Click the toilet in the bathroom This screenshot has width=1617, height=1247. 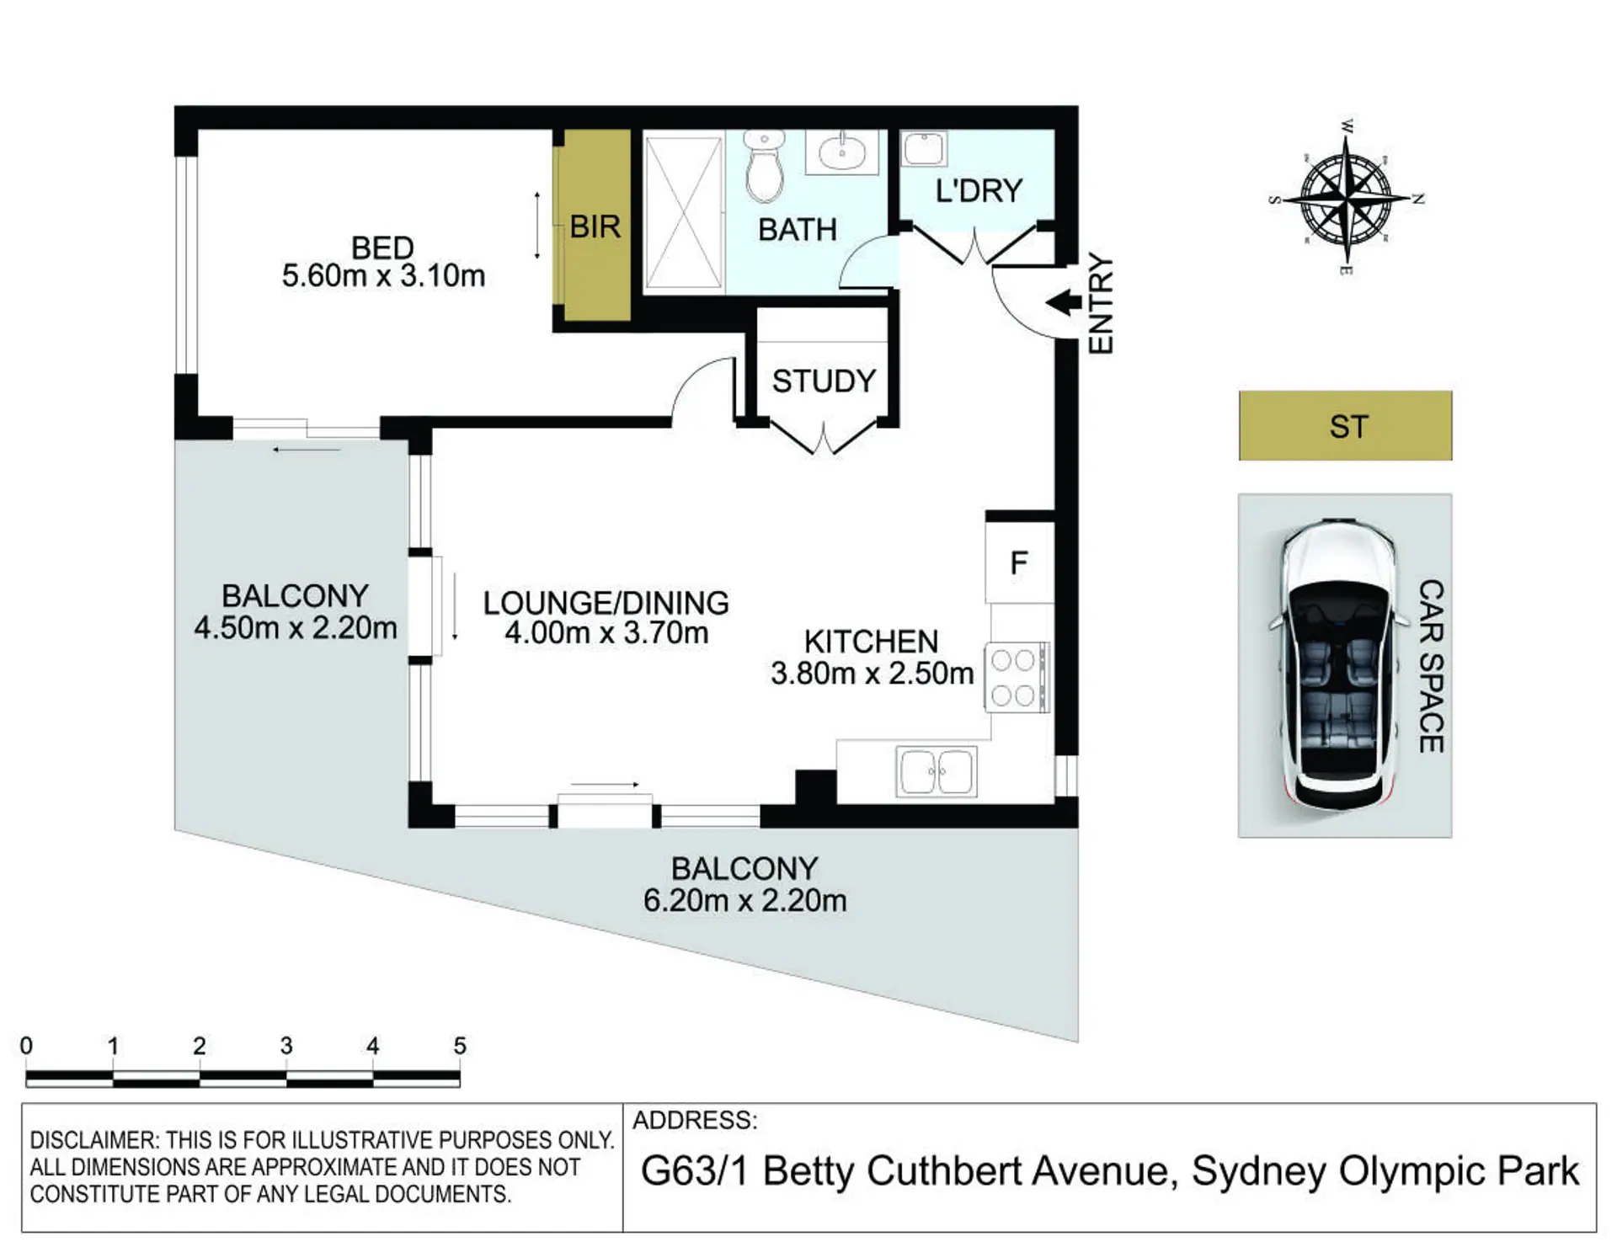coord(764,167)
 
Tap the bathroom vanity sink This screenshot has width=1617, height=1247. coord(841,152)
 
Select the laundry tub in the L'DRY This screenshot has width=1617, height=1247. coord(924,149)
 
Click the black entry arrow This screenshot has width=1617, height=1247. coord(1063,301)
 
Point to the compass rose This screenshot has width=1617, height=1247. coord(1346,199)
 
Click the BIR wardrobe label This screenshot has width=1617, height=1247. coord(595,226)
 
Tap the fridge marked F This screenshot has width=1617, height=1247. coord(1019,562)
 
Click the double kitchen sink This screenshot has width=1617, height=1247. coord(936,770)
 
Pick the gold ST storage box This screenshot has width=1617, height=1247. coord(1345,425)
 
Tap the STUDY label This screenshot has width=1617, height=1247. coord(824,381)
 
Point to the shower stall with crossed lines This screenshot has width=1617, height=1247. coord(684,213)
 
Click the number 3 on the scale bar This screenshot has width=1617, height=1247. coord(286,1046)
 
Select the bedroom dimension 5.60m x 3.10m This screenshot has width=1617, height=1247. coord(383,276)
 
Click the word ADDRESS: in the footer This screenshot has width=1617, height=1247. coord(695,1120)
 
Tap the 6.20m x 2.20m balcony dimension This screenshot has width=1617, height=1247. coord(744,901)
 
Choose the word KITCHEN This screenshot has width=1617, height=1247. coord(871,642)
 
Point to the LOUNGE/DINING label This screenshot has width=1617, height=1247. coord(606,603)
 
